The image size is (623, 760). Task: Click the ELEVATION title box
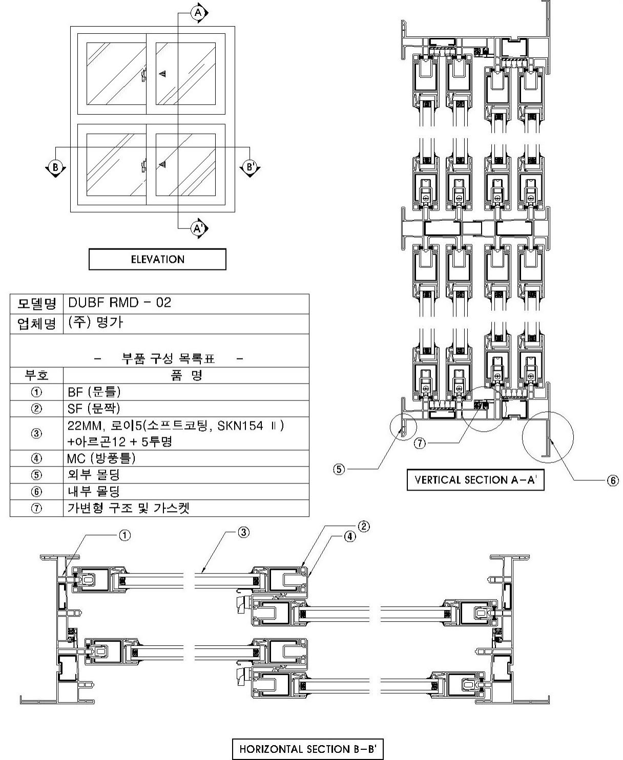[x=157, y=259]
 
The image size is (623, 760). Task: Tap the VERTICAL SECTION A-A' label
[x=475, y=480]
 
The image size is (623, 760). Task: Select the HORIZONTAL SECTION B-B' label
[x=307, y=749]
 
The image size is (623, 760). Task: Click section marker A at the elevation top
[x=199, y=12]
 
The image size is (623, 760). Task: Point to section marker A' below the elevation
[x=199, y=228]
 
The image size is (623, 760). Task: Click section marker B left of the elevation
[x=54, y=167]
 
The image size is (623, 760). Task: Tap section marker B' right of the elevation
[x=250, y=167]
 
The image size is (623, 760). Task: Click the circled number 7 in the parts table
[x=36, y=509]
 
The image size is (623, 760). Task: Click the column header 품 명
[x=186, y=375]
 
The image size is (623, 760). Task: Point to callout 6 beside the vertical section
[x=613, y=480]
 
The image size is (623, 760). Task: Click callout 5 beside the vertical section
[x=339, y=469]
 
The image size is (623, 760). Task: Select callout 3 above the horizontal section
[x=243, y=533]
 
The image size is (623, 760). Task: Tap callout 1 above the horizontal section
[x=124, y=535]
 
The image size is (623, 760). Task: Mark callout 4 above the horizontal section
[x=349, y=537]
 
